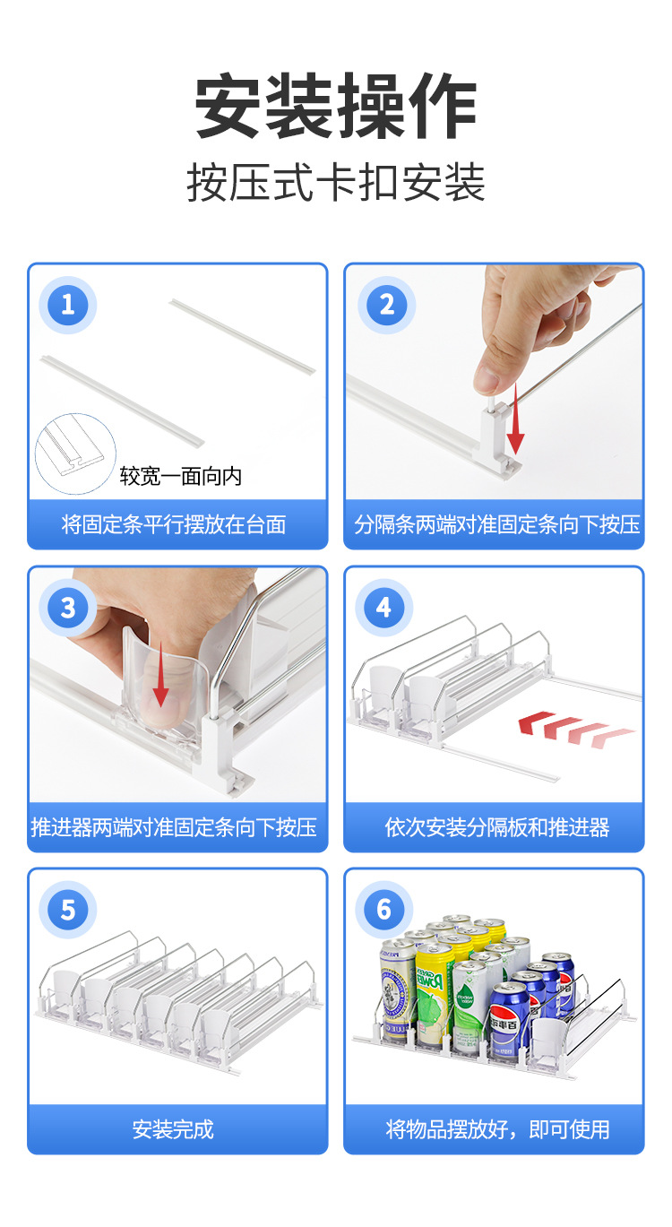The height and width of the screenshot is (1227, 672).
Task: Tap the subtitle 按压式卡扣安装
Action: click(x=336, y=183)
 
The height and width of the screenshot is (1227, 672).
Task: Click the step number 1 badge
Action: click(x=68, y=305)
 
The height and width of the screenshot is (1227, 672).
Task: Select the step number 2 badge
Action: click(x=386, y=305)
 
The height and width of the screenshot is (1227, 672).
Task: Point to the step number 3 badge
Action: click(x=68, y=608)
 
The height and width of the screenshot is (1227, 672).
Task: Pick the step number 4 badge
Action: click(x=383, y=608)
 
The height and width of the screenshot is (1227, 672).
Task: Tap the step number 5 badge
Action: click(x=68, y=910)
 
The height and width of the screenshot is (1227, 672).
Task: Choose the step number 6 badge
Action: click(x=383, y=910)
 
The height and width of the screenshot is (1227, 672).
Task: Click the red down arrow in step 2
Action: click(x=515, y=419)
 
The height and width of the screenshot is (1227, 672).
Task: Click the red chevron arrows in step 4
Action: click(x=576, y=730)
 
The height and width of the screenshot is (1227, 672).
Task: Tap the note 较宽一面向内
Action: click(x=181, y=477)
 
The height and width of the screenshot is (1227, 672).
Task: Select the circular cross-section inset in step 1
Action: click(x=75, y=454)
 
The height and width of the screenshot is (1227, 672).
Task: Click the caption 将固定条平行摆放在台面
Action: click(x=174, y=524)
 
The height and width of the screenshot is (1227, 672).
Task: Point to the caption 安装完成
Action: click(x=173, y=1129)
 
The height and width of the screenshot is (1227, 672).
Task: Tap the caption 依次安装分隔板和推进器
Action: click(x=496, y=827)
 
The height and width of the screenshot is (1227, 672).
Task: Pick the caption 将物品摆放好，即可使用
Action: click(x=497, y=1129)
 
